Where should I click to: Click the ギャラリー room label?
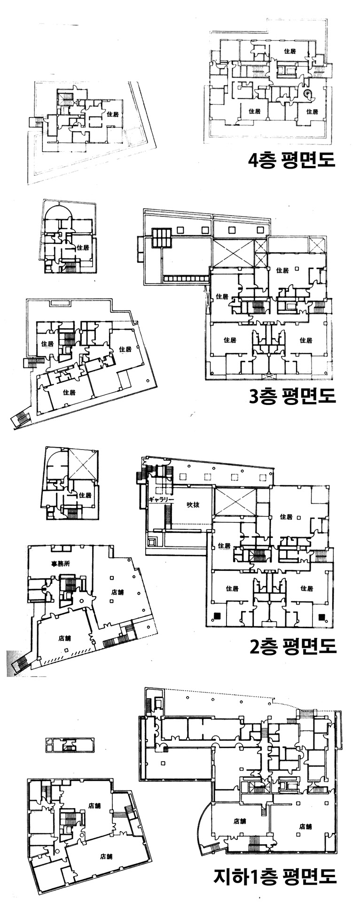161,499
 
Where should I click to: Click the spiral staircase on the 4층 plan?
310,95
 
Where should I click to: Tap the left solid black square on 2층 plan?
217,616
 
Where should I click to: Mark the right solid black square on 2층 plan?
322,616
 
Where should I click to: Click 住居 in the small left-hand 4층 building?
113,114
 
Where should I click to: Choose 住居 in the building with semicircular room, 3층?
83,247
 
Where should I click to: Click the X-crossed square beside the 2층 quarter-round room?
83,464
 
